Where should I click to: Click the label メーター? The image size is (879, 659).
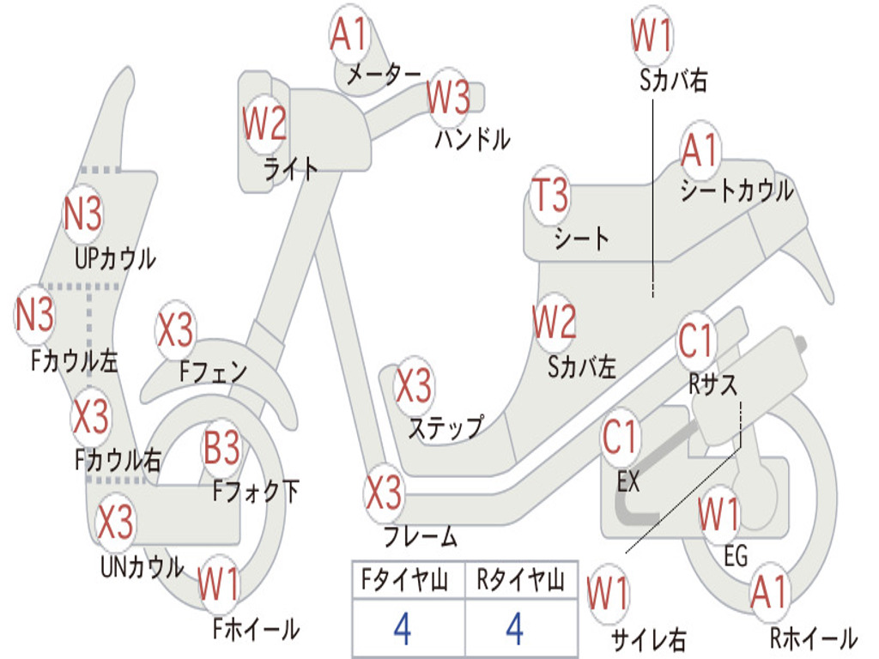(x=384, y=75)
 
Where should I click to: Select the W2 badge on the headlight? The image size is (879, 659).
(x=264, y=124)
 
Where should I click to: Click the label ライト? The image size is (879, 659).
(x=290, y=169)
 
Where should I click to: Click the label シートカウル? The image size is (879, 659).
(x=737, y=190)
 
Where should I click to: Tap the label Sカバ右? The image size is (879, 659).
(x=673, y=81)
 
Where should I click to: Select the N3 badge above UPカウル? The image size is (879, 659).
(x=82, y=214)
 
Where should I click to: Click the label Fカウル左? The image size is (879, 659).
(x=74, y=360)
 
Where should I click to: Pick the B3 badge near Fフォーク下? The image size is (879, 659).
(x=221, y=448)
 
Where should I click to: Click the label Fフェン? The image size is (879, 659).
(x=213, y=371)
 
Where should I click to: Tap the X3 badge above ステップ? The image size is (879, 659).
(x=414, y=385)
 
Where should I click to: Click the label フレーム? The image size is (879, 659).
(x=420, y=536)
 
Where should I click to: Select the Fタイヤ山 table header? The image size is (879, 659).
(x=404, y=580)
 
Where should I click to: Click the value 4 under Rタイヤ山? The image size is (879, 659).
(x=515, y=629)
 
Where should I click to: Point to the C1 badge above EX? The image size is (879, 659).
(x=619, y=438)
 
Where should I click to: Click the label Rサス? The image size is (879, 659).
(x=712, y=384)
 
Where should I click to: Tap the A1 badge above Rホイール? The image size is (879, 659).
(x=770, y=592)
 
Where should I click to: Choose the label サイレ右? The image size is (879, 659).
(x=649, y=639)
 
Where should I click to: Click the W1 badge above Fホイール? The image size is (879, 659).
(x=218, y=583)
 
